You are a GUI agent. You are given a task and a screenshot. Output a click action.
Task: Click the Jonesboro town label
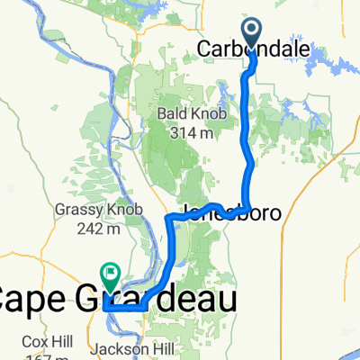click(231, 213)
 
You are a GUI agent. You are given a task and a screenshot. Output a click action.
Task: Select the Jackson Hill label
click(134, 349)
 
